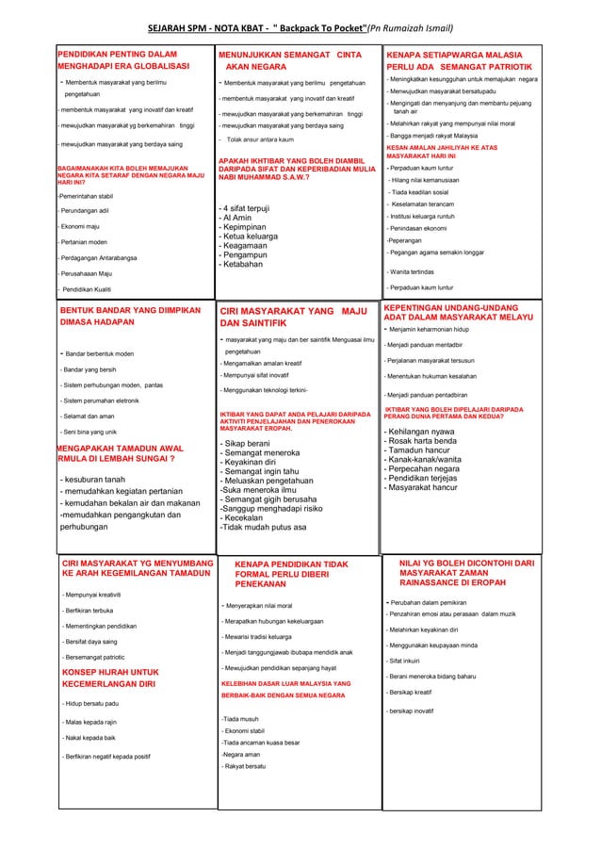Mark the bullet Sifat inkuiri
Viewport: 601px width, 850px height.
tap(409, 662)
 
